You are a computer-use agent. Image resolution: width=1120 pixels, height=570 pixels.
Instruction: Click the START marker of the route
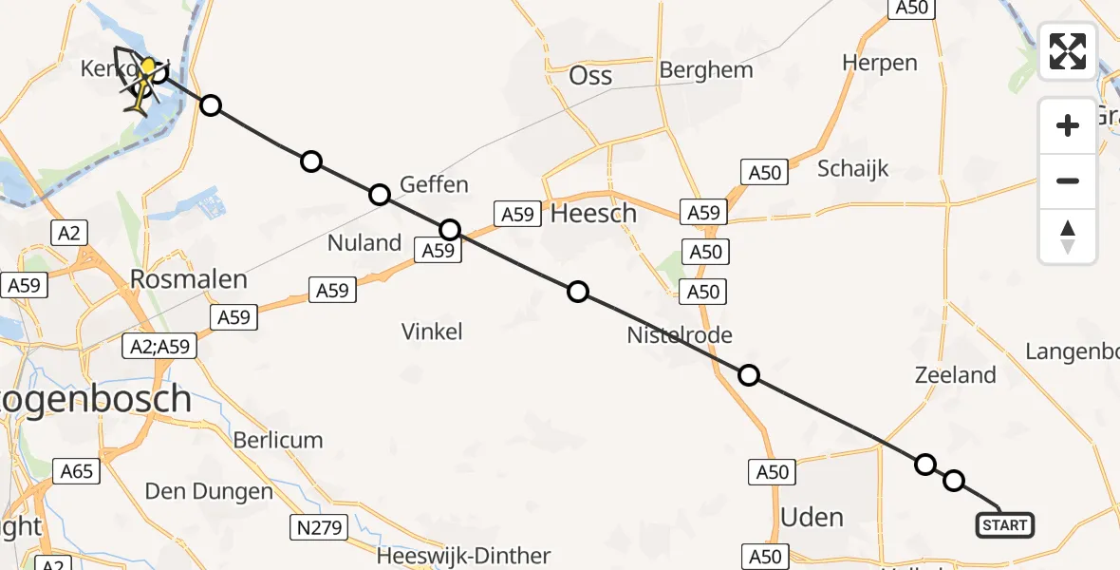1005,524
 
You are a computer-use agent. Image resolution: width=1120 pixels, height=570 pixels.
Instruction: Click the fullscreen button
1068,51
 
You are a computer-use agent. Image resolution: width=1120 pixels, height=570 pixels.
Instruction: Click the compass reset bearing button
1068,237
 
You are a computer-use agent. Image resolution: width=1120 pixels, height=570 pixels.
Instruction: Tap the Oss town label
590,76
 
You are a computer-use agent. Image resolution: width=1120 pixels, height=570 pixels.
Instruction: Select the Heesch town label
593,214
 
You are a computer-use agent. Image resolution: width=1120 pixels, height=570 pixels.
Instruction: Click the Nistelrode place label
680,334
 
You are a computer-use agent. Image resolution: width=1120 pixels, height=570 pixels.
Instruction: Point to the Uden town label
812,517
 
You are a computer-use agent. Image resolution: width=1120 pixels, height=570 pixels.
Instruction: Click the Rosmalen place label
188,280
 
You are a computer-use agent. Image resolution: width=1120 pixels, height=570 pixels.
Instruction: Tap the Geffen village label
435,184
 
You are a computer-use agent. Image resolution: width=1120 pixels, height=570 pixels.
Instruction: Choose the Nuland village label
364,243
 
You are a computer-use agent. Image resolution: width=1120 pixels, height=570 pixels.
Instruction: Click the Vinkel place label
432,332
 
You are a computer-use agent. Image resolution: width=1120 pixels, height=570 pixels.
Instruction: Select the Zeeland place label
955,375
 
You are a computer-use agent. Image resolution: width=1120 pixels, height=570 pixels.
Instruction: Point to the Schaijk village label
853,169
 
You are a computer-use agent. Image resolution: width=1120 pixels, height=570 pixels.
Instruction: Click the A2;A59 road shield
160,348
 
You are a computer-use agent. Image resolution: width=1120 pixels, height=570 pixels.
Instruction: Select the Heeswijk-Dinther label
463,556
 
